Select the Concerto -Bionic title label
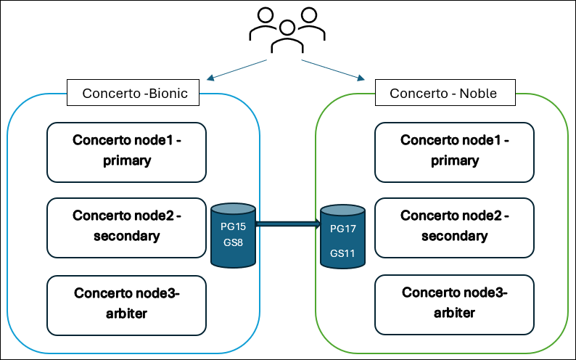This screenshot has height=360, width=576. pyautogui.click(x=135, y=93)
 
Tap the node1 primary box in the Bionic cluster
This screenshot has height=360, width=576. pyautogui.click(x=126, y=151)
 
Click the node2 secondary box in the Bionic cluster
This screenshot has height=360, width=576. pyautogui.click(x=126, y=226)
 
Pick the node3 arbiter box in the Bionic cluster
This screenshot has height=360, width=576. pyautogui.click(x=126, y=304)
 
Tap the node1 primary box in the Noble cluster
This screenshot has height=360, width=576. pyautogui.click(x=454, y=151)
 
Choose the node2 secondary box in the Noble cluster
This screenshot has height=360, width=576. pyautogui.click(x=454, y=226)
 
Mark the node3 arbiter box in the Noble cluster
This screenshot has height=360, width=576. pyautogui.click(x=454, y=304)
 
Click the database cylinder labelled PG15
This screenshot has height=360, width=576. pyautogui.click(x=234, y=234)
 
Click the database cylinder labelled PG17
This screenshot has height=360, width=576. pyautogui.click(x=343, y=237)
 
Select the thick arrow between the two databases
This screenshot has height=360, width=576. pyautogui.click(x=289, y=224)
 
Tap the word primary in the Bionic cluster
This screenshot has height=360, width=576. pyautogui.click(x=126, y=160)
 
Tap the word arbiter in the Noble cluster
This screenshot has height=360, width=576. pyautogui.click(x=454, y=313)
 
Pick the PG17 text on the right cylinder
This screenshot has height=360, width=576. pyautogui.click(x=342, y=229)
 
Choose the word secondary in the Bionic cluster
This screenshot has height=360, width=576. pyautogui.click(x=126, y=236)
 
